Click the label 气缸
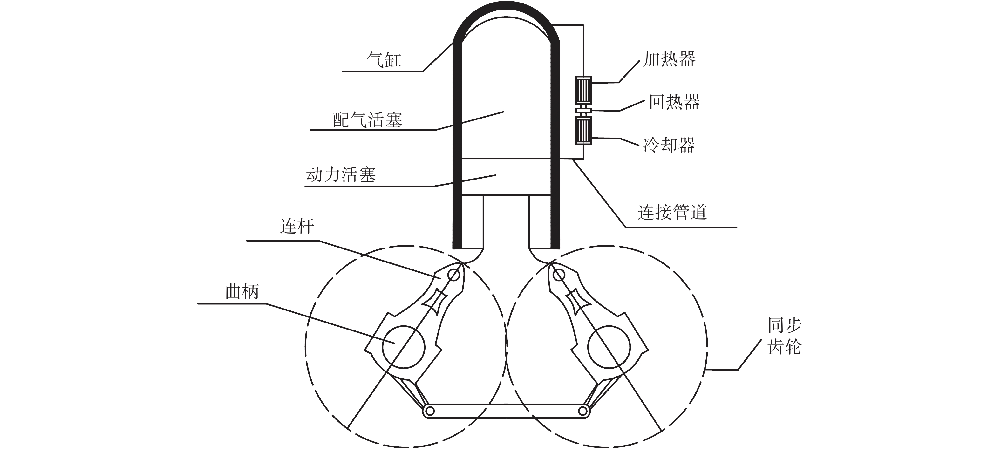tap(384, 60)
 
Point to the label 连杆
tap(297, 227)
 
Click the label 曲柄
tap(242, 292)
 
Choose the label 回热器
tap(675, 102)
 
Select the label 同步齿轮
tap(785, 336)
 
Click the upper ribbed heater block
tap(583, 90)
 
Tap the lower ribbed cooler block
tap(583, 131)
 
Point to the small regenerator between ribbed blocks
tap(583, 111)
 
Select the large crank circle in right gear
tap(609, 347)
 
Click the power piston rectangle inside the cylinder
tap(506, 176)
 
